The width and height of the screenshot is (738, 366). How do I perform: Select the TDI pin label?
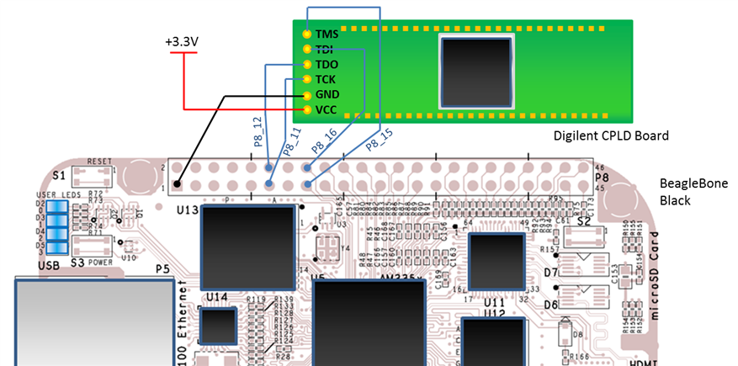coord(325,50)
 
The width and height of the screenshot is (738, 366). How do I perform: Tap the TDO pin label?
coord(326,65)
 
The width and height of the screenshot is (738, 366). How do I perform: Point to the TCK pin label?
coord(326,80)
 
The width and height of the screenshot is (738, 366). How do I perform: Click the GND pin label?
coord(327,95)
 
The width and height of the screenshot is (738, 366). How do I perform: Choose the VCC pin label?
coord(326,110)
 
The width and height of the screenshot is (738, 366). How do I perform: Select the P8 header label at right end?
coord(602,179)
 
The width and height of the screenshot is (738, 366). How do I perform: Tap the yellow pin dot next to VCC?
coord(307,110)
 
